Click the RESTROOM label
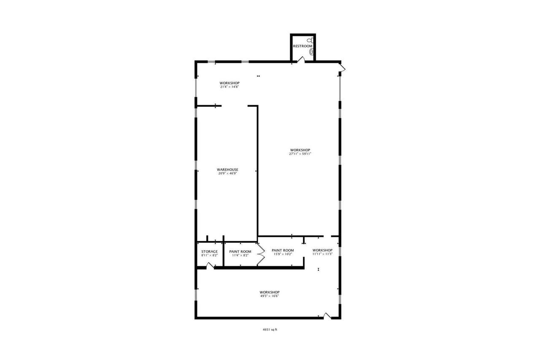point(302,46)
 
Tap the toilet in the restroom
point(310,41)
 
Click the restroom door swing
point(301,60)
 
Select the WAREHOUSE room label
point(228,170)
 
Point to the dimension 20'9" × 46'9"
point(228,173)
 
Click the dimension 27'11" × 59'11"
point(300,154)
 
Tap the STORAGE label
point(209,252)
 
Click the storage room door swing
point(209,265)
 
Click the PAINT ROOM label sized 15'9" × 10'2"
point(283,250)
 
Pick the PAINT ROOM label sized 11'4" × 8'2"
point(240,252)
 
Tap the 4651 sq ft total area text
point(270,330)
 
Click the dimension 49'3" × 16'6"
point(269,296)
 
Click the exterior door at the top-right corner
point(342,67)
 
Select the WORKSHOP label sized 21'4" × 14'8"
point(229,83)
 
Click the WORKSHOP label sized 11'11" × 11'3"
point(322,250)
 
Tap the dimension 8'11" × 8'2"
point(209,255)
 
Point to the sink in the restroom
point(312,51)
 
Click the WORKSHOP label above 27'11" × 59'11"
point(300,150)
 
